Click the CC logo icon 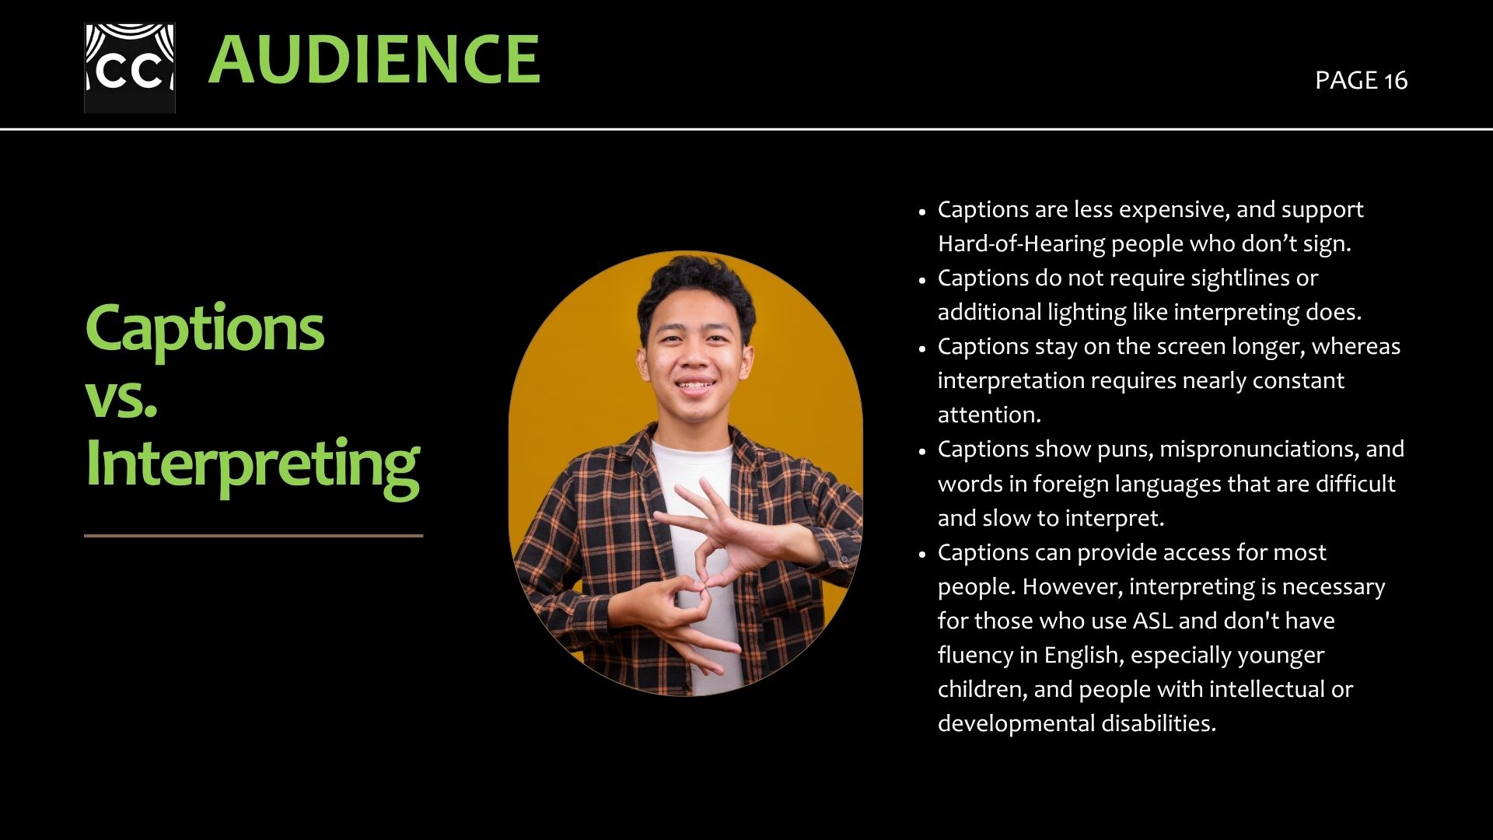(130, 68)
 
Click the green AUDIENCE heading (374, 59)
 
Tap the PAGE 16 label (1361, 80)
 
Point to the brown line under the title (253, 535)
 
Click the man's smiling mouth (694, 384)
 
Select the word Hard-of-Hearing (1022, 244)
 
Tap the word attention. (989, 415)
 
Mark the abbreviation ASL (1152, 621)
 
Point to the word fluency (975, 655)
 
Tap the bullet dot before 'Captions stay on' (922, 349)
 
